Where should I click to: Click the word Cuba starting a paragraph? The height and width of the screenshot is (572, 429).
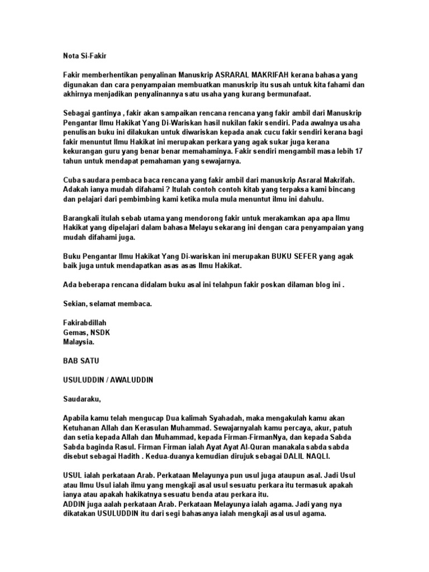pos(71,180)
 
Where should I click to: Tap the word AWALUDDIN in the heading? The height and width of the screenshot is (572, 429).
pos(132,380)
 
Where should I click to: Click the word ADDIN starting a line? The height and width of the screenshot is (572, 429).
pos(74,503)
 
